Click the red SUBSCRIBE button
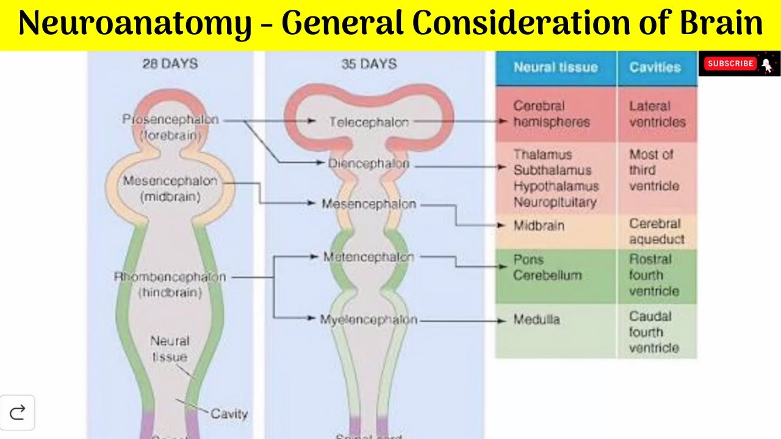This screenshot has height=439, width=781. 730,63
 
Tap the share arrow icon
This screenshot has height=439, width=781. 18,413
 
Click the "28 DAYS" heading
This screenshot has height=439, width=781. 170,63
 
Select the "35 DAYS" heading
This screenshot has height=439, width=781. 369,63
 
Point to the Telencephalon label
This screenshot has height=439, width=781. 369,122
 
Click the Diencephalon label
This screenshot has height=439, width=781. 369,163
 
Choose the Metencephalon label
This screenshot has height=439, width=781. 369,257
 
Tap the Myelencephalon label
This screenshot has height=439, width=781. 369,319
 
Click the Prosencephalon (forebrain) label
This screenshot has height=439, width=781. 170,127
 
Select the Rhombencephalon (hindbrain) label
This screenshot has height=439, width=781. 170,284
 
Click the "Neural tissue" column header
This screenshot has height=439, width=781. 555,68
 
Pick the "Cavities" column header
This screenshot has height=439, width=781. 655,68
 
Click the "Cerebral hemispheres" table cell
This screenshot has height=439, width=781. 551,114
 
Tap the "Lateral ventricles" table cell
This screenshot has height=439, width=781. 657,114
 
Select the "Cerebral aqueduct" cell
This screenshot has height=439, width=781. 657,231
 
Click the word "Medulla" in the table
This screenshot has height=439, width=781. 536,319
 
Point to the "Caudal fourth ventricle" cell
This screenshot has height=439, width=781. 653,332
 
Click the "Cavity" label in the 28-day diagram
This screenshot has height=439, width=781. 229,414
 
